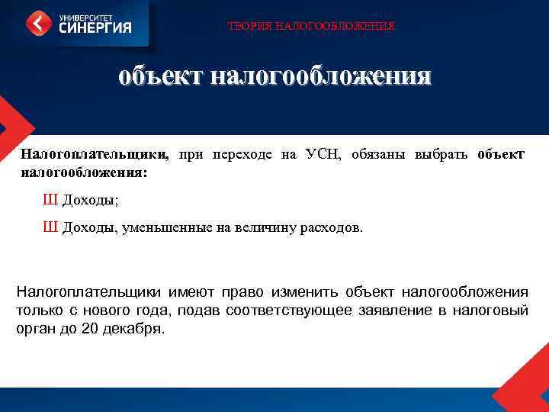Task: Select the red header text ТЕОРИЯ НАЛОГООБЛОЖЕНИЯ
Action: tap(312, 27)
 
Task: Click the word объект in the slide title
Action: tap(160, 76)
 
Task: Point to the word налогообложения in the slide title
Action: tap(320, 76)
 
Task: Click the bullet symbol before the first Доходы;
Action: tap(50, 200)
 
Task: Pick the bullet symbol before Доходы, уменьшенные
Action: tap(50, 227)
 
